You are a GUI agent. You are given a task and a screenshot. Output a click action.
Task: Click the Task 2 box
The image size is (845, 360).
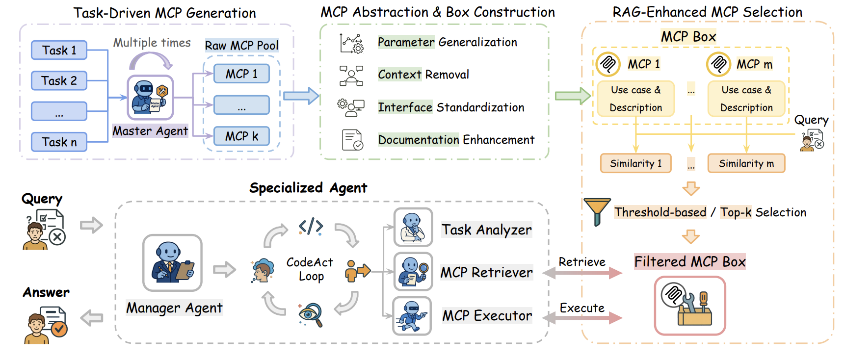pyautogui.click(x=59, y=80)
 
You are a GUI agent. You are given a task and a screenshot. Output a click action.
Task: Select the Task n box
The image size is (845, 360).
pyautogui.click(x=59, y=142)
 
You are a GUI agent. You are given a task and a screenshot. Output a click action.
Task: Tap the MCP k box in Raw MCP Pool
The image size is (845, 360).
pyautogui.click(x=241, y=136)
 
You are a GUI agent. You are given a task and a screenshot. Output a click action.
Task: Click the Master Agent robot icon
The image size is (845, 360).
pyautogui.click(x=150, y=98)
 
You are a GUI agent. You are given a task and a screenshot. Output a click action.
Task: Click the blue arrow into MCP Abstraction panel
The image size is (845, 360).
pyautogui.click(x=301, y=96)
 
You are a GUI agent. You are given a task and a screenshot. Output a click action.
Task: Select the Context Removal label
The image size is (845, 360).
pyautogui.click(x=423, y=75)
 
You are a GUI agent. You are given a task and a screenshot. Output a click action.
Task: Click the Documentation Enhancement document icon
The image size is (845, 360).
pyautogui.click(x=352, y=140)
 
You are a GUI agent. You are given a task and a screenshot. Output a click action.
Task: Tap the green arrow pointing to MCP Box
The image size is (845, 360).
pyautogui.click(x=572, y=96)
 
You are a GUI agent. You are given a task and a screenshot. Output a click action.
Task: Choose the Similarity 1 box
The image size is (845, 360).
pyautogui.click(x=635, y=163)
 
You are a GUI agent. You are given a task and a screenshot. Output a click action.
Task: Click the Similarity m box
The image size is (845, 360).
pyautogui.click(x=746, y=163)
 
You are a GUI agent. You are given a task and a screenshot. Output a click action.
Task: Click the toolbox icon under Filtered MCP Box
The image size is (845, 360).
pyautogui.click(x=689, y=306)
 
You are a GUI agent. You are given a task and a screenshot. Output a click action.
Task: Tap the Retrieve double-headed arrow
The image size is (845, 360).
pyautogui.click(x=582, y=273)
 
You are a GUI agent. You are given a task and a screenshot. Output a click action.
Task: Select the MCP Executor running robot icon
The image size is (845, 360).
pyautogui.click(x=412, y=316)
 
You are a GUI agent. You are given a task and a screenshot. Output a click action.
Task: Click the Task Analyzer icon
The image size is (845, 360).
pyautogui.click(x=413, y=227)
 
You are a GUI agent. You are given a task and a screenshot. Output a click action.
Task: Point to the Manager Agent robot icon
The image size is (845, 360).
pyautogui.click(x=172, y=263)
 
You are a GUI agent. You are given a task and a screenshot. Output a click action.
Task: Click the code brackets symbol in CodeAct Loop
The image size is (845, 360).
pyautogui.click(x=311, y=227)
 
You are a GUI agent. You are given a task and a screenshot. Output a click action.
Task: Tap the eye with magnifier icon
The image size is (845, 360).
pyautogui.click(x=311, y=314)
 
